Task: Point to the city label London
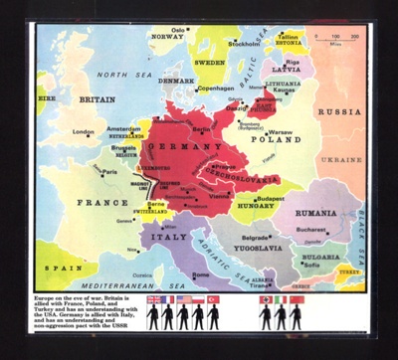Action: coord(85,131)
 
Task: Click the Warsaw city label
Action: coord(280,130)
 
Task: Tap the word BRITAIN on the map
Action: coord(97,99)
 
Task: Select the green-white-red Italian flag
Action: coord(283,298)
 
